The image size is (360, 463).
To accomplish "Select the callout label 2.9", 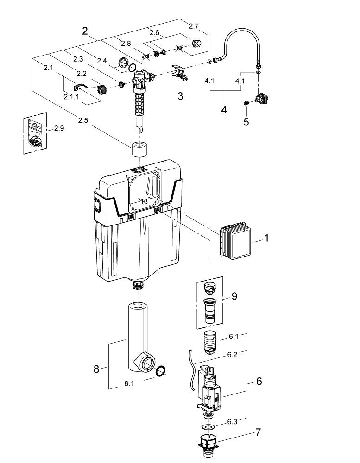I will click(x=59, y=128).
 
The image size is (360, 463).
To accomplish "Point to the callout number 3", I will click(x=180, y=96).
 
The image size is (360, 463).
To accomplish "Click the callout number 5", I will click(x=246, y=122).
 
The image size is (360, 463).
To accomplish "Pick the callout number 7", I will click(x=258, y=432).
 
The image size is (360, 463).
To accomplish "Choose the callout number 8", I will click(x=96, y=369).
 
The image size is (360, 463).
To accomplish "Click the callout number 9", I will click(x=234, y=295).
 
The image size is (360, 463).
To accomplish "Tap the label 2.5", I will click(x=83, y=120).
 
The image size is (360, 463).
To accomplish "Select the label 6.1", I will click(x=233, y=337).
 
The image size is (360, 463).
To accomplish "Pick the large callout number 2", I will click(x=85, y=31).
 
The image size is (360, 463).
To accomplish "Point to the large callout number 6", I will click(x=259, y=381).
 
